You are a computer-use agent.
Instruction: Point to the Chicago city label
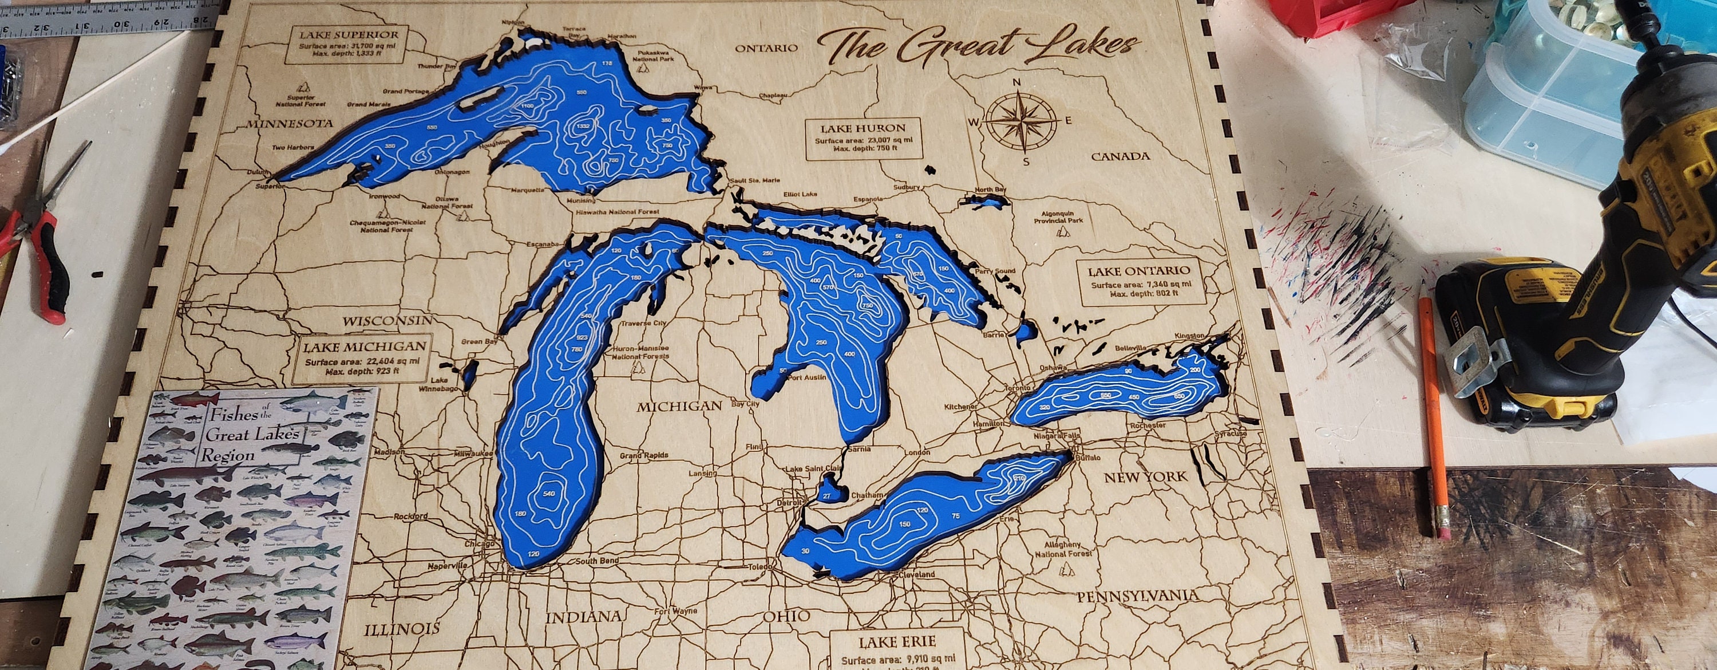479,544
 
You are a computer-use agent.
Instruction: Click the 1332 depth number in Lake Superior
583,127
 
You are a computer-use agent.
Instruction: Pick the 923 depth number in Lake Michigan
581,337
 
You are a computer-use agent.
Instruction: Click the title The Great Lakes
976,46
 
